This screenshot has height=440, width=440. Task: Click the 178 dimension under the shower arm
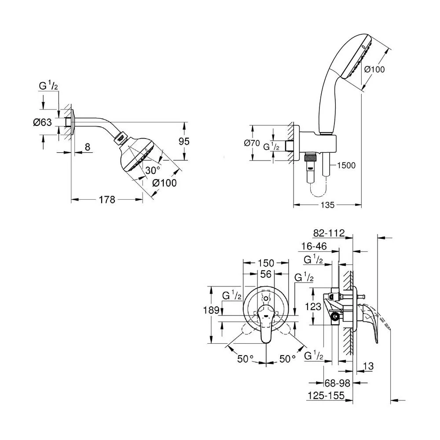(x=107, y=200)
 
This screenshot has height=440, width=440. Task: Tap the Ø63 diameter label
(x=42, y=122)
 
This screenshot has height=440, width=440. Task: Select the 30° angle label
(x=153, y=170)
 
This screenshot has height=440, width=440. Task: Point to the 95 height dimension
(x=184, y=141)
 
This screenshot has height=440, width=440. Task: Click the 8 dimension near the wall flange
(x=88, y=147)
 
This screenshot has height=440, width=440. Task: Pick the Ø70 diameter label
(x=252, y=143)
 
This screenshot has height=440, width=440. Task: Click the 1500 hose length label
(x=346, y=165)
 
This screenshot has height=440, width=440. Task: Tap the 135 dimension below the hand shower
(x=327, y=205)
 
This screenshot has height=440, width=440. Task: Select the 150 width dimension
(x=266, y=263)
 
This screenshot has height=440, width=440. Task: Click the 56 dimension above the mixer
(x=266, y=274)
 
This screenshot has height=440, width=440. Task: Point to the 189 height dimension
(x=211, y=310)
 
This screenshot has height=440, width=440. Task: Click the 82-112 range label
(x=329, y=233)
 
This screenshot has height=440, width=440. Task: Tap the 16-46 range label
(x=314, y=246)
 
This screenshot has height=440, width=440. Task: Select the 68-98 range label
(x=337, y=383)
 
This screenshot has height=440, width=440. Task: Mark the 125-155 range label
(x=326, y=396)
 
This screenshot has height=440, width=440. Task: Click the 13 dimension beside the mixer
(x=368, y=366)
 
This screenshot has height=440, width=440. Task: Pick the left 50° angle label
(x=245, y=359)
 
